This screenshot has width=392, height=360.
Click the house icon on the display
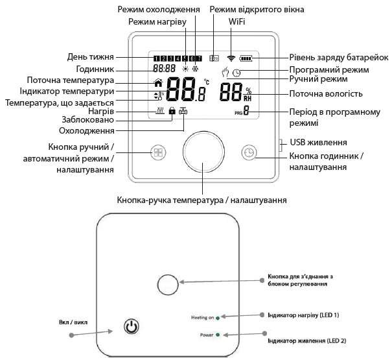pos(158,82)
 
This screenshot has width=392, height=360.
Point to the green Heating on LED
pos(218,318)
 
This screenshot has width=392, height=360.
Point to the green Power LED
pos(218,335)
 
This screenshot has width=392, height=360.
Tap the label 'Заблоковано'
pos(90,120)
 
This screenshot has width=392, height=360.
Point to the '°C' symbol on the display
pos(207,82)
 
